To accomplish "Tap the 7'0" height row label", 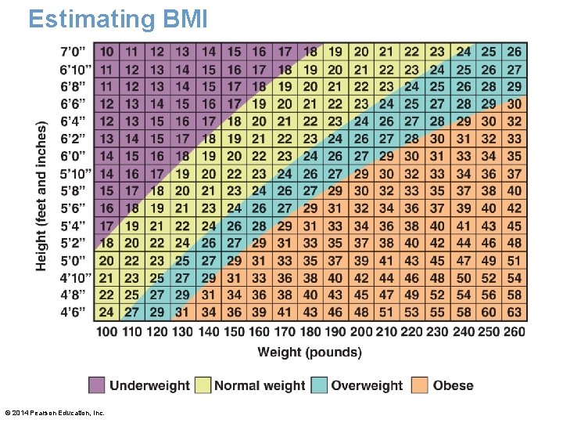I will coord(76,52).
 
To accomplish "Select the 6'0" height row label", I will coord(76,156).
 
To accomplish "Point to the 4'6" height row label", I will coord(76,312).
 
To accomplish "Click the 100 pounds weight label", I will coord(107,332).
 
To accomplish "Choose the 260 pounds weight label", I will coord(514,332).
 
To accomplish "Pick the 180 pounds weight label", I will coord(310,332).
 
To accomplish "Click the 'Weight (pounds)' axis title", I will coord(310,352).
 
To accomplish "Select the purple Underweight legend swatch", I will coord(96,385).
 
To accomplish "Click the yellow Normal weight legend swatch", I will coord(202,385).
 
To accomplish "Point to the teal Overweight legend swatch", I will coord(319,385).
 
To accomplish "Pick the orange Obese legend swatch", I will coord(420,385).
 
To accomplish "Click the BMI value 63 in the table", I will coord(514,312).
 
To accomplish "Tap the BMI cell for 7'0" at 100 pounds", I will coord(107,52).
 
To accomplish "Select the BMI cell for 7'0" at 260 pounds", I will coord(514,52).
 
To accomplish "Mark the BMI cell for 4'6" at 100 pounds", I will coord(107,312).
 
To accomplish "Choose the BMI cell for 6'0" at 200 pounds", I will coord(361,156).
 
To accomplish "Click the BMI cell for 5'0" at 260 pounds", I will coord(514,260).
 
